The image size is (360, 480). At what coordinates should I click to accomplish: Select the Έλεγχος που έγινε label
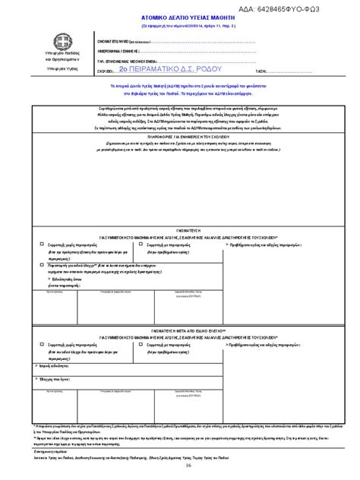pyautogui.click(x=55, y=377)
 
